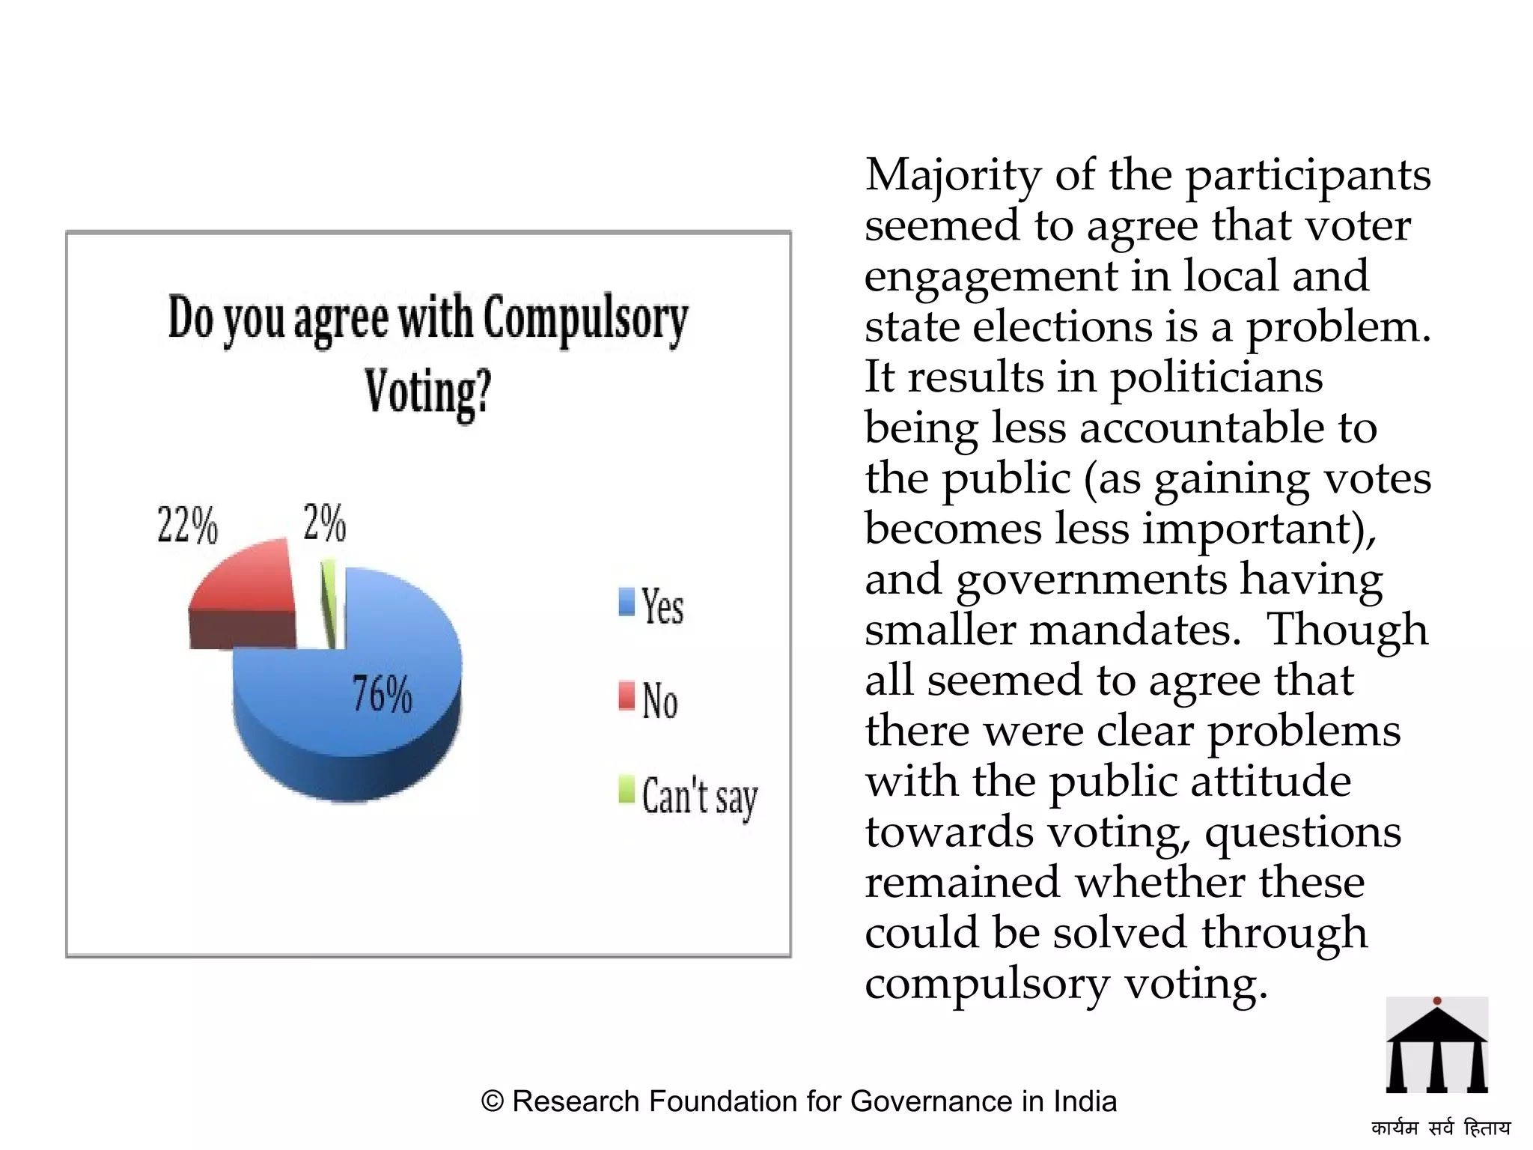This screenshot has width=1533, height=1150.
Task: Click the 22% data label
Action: pos(187,525)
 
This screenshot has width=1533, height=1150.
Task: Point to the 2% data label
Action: pos(324,522)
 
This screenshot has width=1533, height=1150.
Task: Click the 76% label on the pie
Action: pos(382,693)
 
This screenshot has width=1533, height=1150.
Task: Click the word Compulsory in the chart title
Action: pos(585,318)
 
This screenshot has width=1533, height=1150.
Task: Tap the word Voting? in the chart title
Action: pos(427,391)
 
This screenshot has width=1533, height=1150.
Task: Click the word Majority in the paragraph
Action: pos(953,176)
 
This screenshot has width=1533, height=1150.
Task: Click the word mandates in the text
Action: pos(1134,630)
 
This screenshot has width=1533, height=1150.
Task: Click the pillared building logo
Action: pos(1436,1045)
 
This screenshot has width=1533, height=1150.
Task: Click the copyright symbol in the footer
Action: pos(493,1101)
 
